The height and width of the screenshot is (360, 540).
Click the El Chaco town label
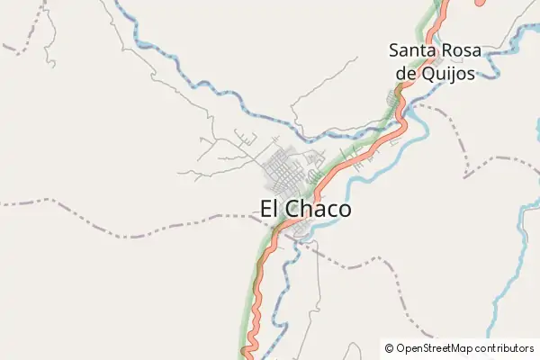click(306, 209)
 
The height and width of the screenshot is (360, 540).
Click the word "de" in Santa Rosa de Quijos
click(406, 74)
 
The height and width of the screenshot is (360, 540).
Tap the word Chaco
click(320, 209)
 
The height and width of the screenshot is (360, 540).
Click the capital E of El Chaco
click(266, 209)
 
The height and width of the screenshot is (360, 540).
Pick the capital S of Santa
click(395, 50)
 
